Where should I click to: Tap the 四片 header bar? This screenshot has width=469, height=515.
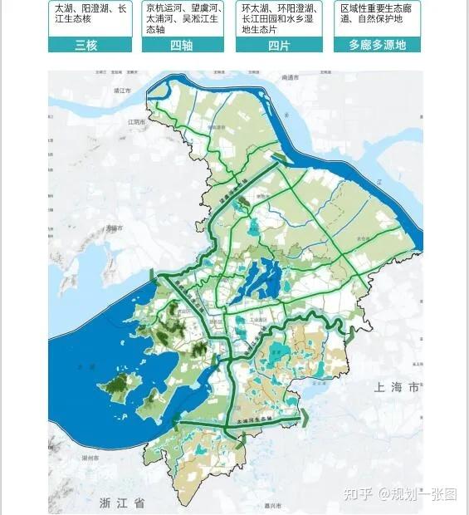277,45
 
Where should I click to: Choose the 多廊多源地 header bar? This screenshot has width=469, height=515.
376,45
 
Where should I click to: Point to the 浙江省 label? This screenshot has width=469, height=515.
122,502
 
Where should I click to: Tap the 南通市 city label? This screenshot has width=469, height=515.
290,76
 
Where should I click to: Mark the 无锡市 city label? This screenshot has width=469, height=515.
114,228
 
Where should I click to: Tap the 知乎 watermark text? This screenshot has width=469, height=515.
357,494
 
